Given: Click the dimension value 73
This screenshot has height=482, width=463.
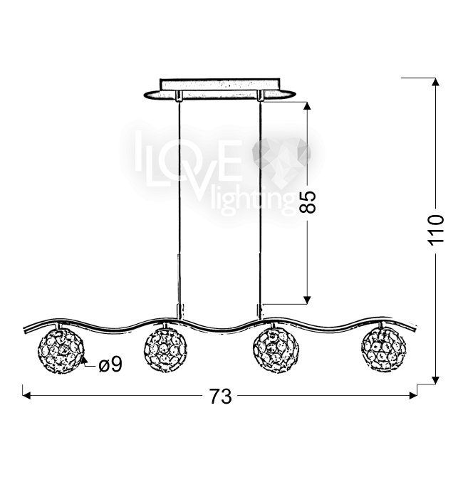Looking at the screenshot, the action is [221, 397].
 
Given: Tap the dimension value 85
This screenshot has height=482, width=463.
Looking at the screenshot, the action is [308, 201].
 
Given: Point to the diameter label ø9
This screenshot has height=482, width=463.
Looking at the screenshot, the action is [110, 365].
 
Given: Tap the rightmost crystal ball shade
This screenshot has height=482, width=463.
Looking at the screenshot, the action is [384, 350].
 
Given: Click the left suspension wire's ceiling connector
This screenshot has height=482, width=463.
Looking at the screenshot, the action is [179, 95].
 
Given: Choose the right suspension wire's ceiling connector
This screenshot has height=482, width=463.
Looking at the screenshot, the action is [261, 95].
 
